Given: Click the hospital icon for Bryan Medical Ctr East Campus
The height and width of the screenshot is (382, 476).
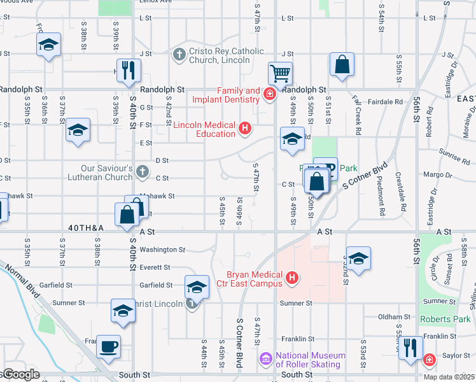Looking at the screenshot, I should [292, 278].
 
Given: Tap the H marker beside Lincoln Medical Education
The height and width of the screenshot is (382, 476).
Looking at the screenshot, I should [244, 129].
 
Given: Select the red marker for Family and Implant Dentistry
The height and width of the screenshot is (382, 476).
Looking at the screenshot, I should [270, 95].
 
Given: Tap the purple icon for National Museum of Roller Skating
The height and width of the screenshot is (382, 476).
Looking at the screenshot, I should [265, 360].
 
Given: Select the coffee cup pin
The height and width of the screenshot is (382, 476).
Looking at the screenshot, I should [108, 346].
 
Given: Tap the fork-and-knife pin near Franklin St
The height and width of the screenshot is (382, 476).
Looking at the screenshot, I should [410, 347].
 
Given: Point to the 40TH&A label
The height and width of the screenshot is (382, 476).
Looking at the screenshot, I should [85, 227].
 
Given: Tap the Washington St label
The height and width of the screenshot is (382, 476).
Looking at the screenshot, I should [162, 250].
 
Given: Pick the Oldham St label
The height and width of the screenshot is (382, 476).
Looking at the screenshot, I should [394, 316].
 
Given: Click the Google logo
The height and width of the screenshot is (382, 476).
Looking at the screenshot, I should [20, 374].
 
